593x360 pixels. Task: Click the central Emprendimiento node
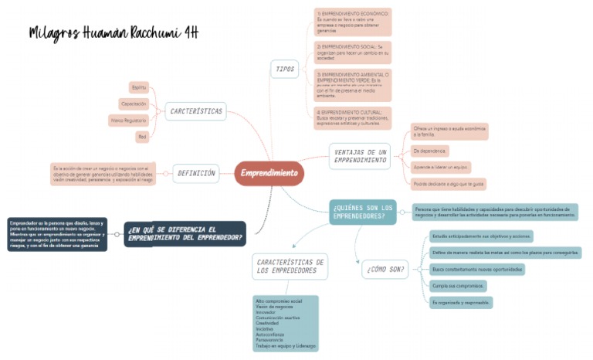(269, 173)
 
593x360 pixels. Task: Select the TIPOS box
(285, 69)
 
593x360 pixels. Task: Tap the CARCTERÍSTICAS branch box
(195, 111)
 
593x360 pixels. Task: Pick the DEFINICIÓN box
(196, 173)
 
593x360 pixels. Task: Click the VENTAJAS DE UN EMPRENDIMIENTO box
(361, 155)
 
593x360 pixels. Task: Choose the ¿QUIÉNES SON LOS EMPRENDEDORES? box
(362, 212)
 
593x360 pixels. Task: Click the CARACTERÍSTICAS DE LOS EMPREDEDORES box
(290, 267)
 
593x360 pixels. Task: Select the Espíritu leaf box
(139, 87)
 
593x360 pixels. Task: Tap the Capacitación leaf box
(134, 104)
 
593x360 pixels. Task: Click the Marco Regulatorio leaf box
(129, 121)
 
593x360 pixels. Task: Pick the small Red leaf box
(141, 137)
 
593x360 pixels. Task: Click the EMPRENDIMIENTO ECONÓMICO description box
(353, 22)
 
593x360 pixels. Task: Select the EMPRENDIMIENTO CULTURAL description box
(353, 117)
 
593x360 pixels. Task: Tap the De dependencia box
(429, 151)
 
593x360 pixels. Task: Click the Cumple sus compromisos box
(452, 286)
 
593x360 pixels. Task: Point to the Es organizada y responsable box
(461, 302)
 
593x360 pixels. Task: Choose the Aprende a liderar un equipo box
(441, 167)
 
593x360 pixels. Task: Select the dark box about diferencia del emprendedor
(185, 233)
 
